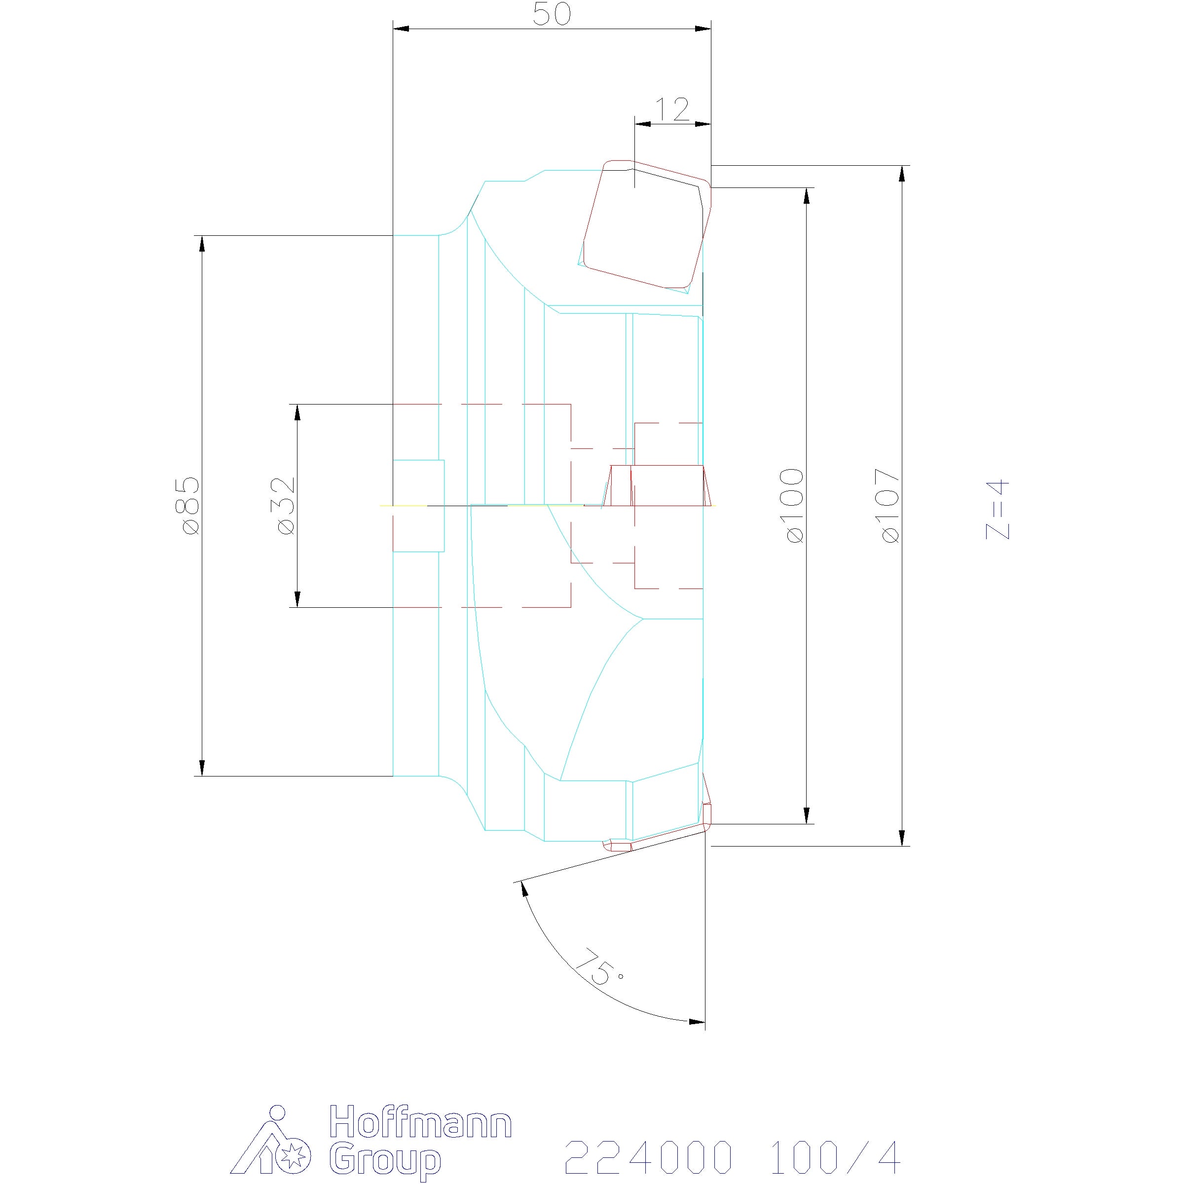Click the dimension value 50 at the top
[552, 15]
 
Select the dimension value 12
[673, 110]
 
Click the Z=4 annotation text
[997, 510]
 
